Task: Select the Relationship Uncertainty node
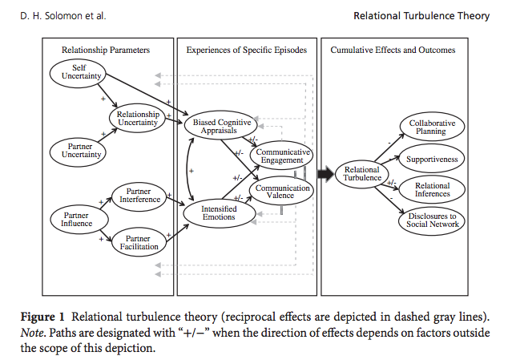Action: (x=138, y=119)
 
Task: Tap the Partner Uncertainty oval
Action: (x=79, y=152)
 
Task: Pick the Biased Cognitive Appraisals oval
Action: (x=222, y=127)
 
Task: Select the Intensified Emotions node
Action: (x=218, y=212)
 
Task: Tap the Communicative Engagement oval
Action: (x=281, y=156)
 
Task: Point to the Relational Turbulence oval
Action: (x=362, y=174)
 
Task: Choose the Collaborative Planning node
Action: (x=432, y=127)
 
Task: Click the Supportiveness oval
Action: (x=432, y=159)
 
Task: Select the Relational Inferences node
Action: (x=432, y=189)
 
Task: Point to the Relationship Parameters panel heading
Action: (x=106, y=50)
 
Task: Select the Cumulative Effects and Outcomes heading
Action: (x=393, y=50)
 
